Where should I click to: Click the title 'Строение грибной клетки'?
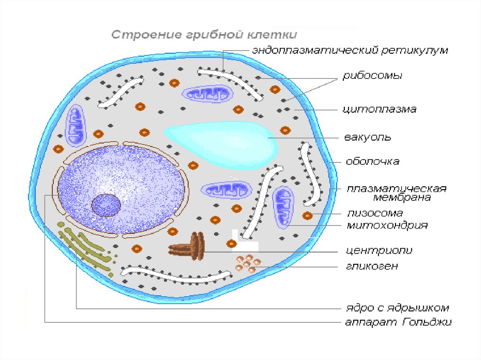(x=204, y=35)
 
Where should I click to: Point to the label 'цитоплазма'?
(x=379, y=109)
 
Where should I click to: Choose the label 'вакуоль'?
(x=368, y=138)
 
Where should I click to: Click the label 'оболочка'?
(x=372, y=161)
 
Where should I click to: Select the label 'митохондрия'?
(x=387, y=226)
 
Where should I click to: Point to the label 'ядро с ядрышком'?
(x=395, y=308)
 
